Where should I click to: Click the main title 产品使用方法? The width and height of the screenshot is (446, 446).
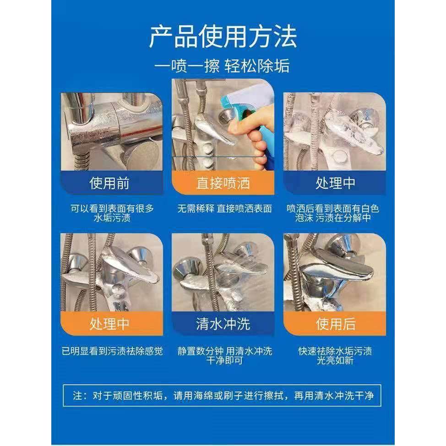223,37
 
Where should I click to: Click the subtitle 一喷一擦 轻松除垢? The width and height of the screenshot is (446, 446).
223,65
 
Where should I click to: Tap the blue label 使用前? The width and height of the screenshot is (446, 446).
109,184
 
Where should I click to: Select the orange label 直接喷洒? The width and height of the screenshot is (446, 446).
223,184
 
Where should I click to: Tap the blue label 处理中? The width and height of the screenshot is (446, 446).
335,184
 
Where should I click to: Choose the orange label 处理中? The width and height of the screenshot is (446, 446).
109,324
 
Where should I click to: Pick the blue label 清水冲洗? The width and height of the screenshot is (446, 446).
223,324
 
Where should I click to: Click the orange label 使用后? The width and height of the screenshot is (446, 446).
335,324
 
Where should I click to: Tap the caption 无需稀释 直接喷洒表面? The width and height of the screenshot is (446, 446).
224,209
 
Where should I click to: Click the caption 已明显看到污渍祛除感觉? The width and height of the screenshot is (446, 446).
112,351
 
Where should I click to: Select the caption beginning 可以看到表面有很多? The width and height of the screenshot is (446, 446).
112,213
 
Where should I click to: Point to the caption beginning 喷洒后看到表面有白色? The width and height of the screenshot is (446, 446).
333,213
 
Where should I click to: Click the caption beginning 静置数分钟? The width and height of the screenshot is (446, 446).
224,355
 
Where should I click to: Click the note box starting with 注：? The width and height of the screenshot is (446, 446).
223,395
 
